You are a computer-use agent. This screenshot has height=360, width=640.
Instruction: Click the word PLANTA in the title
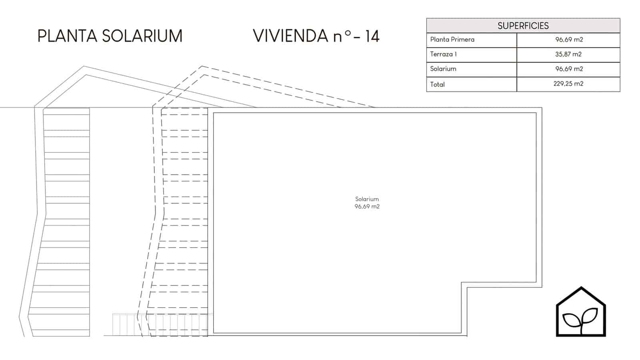(68, 36)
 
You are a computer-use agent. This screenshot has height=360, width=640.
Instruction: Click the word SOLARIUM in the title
(142, 36)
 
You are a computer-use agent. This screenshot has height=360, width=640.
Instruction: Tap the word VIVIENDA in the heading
(290, 36)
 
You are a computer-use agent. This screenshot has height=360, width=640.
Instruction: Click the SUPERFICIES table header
(523, 26)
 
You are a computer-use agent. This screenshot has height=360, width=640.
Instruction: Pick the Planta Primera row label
(452, 40)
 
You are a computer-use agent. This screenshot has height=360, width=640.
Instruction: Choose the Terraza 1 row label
(444, 54)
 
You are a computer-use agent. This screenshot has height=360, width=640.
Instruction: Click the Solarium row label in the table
(443, 69)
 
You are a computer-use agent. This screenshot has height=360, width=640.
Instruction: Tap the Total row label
(438, 84)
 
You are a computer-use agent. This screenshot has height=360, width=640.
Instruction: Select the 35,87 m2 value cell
(568, 54)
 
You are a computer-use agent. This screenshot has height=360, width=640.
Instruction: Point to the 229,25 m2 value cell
(568, 84)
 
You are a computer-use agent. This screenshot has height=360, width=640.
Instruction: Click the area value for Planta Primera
(569, 40)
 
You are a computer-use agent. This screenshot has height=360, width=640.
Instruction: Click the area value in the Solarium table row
(569, 69)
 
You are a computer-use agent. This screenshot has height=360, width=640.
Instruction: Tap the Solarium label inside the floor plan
(367, 199)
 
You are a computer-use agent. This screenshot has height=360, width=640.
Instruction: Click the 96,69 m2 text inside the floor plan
(367, 206)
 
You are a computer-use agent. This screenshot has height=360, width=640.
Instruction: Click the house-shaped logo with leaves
(581, 312)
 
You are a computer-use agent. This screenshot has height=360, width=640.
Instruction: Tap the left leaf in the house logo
(571, 320)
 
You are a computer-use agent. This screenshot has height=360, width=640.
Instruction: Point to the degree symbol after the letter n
(348, 33)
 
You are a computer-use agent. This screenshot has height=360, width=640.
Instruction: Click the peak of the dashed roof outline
(202, 66)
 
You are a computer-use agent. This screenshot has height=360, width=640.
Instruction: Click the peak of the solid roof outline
(84, 66)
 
